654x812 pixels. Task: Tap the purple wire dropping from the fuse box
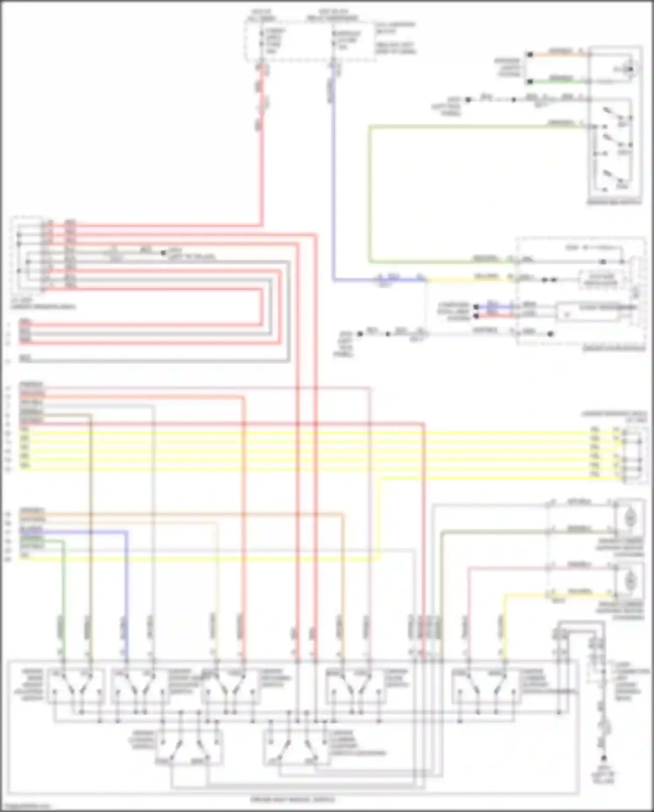(x=333, y=175)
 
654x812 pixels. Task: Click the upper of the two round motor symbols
(x=630, y=518)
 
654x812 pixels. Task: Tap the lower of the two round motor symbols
(x=630, y=580)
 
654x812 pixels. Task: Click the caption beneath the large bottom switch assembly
(x=293, y=799)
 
